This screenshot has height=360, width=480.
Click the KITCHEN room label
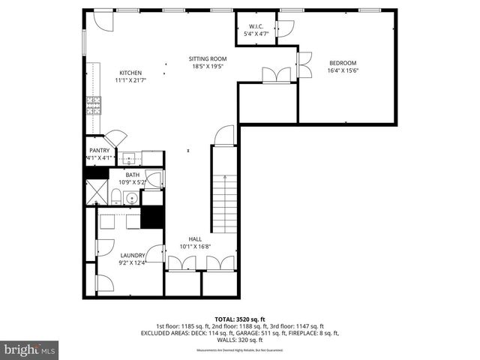click(x=128, y=72)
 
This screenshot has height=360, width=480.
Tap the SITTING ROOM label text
click(x=207, y=58)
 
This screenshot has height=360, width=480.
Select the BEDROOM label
click(x=343, y=63)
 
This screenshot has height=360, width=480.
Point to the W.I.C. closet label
click(x=256, y=25)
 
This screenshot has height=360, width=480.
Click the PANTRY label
click(x=99, y=150)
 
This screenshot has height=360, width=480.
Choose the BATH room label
click(x=132, y=175)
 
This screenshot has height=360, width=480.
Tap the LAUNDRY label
click(x=132, y=255)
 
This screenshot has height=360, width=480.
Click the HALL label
click(x=194, y=239)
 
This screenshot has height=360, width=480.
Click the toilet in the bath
click(x=116, y=197)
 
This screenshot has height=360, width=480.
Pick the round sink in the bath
click(x=131, y=199)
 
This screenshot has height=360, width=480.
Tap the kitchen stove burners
click(x=94, y=104)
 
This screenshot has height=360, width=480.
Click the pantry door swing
click(x=115, y=139)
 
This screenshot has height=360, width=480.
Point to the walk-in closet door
click(x=284, y=28)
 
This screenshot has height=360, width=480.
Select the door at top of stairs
click(x=224, y=136)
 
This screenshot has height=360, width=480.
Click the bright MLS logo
click(x=30, y=349)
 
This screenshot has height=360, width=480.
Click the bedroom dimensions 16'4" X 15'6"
click(x=343, y=71)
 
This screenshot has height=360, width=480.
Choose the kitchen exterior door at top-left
click(x=103, y=21)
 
